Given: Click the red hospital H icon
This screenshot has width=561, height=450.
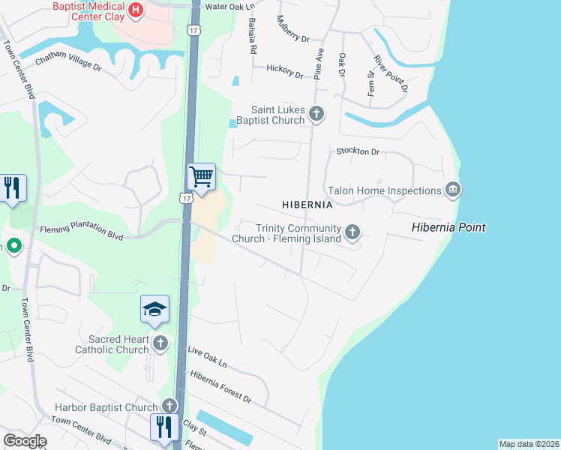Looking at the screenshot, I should pyautogui.click(x=136, y=10).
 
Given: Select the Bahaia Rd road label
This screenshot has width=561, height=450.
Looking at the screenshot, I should pyautogui.click(x=253, y=36).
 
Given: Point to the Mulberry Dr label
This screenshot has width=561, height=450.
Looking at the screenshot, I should pyautogui.click(x=293, y=29).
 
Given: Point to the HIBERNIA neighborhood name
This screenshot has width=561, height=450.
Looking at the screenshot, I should pyautogui.click(x=307, y=205).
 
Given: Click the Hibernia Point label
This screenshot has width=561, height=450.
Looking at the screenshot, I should pyautogui.click(x=448, y=227).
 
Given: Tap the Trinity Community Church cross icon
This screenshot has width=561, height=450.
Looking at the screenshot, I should pyautogui.click(x=352, y=233).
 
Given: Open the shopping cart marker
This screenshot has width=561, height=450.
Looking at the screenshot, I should pyautogui.click(x=201, y=177).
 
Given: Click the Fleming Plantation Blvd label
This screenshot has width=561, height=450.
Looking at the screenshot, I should pyautogui.click(x=82, y=231).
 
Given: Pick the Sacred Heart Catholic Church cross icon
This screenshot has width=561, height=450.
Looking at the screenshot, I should pyautogui.click(x=160, y=344).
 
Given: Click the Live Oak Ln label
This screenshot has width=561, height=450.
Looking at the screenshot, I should pyautogui.click(x=208, y=356).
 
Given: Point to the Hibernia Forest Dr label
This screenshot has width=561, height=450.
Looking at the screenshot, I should pyautogui.click(x=220, y=385).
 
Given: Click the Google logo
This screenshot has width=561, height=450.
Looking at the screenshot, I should pyautogui.click(x=25, y=441).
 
